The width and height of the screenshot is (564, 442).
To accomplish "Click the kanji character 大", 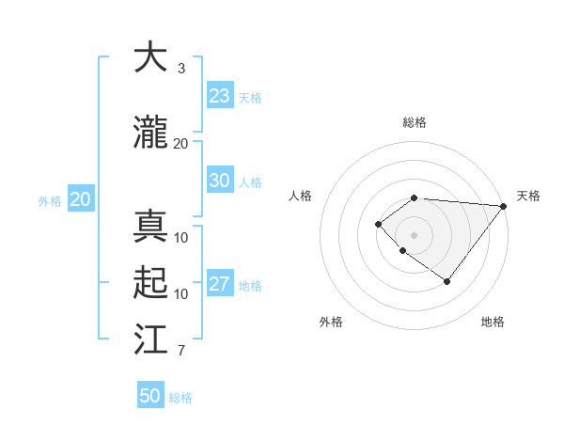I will pos(150,58).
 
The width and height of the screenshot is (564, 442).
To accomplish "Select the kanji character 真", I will pos(150,227).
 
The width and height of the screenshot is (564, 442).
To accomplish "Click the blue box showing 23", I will pos(219,96).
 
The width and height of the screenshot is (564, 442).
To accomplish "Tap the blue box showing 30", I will pos(219,181).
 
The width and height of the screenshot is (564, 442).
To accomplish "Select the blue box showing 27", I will pos(219,284).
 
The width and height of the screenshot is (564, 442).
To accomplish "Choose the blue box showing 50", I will pos(150,396).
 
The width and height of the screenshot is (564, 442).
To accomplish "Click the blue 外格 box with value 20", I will pos(81,199).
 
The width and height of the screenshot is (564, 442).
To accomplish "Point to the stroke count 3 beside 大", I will pos(180,69).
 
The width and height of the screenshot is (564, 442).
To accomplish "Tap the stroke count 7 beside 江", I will pos(180,352).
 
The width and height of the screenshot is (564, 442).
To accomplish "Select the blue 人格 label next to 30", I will pos(250,182).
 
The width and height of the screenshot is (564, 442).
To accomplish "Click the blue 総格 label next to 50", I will pos(180,398).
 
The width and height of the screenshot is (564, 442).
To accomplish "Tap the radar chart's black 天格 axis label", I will pos(528,196).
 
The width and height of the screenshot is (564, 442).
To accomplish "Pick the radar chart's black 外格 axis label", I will pos(331,322).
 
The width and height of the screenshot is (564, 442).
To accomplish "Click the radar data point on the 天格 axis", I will pos(504,205).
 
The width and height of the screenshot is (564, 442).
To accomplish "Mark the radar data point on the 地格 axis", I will pos(447,281).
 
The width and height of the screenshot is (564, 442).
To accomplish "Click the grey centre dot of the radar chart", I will pos(414,234).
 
